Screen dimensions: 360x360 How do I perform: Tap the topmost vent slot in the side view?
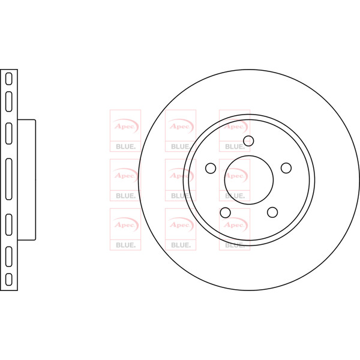coord(9,79)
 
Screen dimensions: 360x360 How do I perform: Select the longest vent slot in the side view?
coord(9,179)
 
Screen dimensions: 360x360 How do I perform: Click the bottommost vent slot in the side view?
coord(9,280)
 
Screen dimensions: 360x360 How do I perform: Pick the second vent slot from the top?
coord(9,101)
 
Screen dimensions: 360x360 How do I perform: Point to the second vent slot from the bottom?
coord(9,256)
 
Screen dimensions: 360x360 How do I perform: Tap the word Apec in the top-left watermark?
coord(125,126)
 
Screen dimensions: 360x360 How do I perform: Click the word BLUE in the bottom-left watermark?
coord(125,245)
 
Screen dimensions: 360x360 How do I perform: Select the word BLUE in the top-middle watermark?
coord(180,146)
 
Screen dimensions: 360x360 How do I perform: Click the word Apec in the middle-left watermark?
coord(125,176)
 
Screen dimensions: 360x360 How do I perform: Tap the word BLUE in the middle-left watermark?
coord(125,196)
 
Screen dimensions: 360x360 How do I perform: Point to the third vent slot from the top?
coord(9,133)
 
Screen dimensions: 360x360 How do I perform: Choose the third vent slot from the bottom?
coord(9,224)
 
